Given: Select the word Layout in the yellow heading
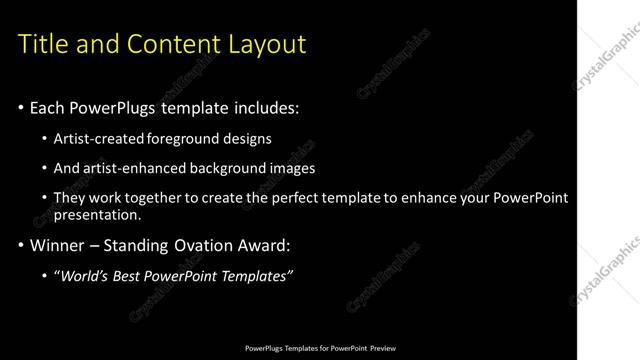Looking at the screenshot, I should [x=269, y=44].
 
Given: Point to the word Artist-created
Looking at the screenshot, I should [x=99, y=139].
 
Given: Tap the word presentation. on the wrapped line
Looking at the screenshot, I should [x=98, y=215].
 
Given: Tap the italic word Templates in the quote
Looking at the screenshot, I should [x=255, y=276].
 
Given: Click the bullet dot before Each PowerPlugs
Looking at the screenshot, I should [x=22, y=107].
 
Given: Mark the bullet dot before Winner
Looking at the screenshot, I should [x=22, y=245].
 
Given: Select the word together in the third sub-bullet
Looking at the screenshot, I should [x=171, y=198].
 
